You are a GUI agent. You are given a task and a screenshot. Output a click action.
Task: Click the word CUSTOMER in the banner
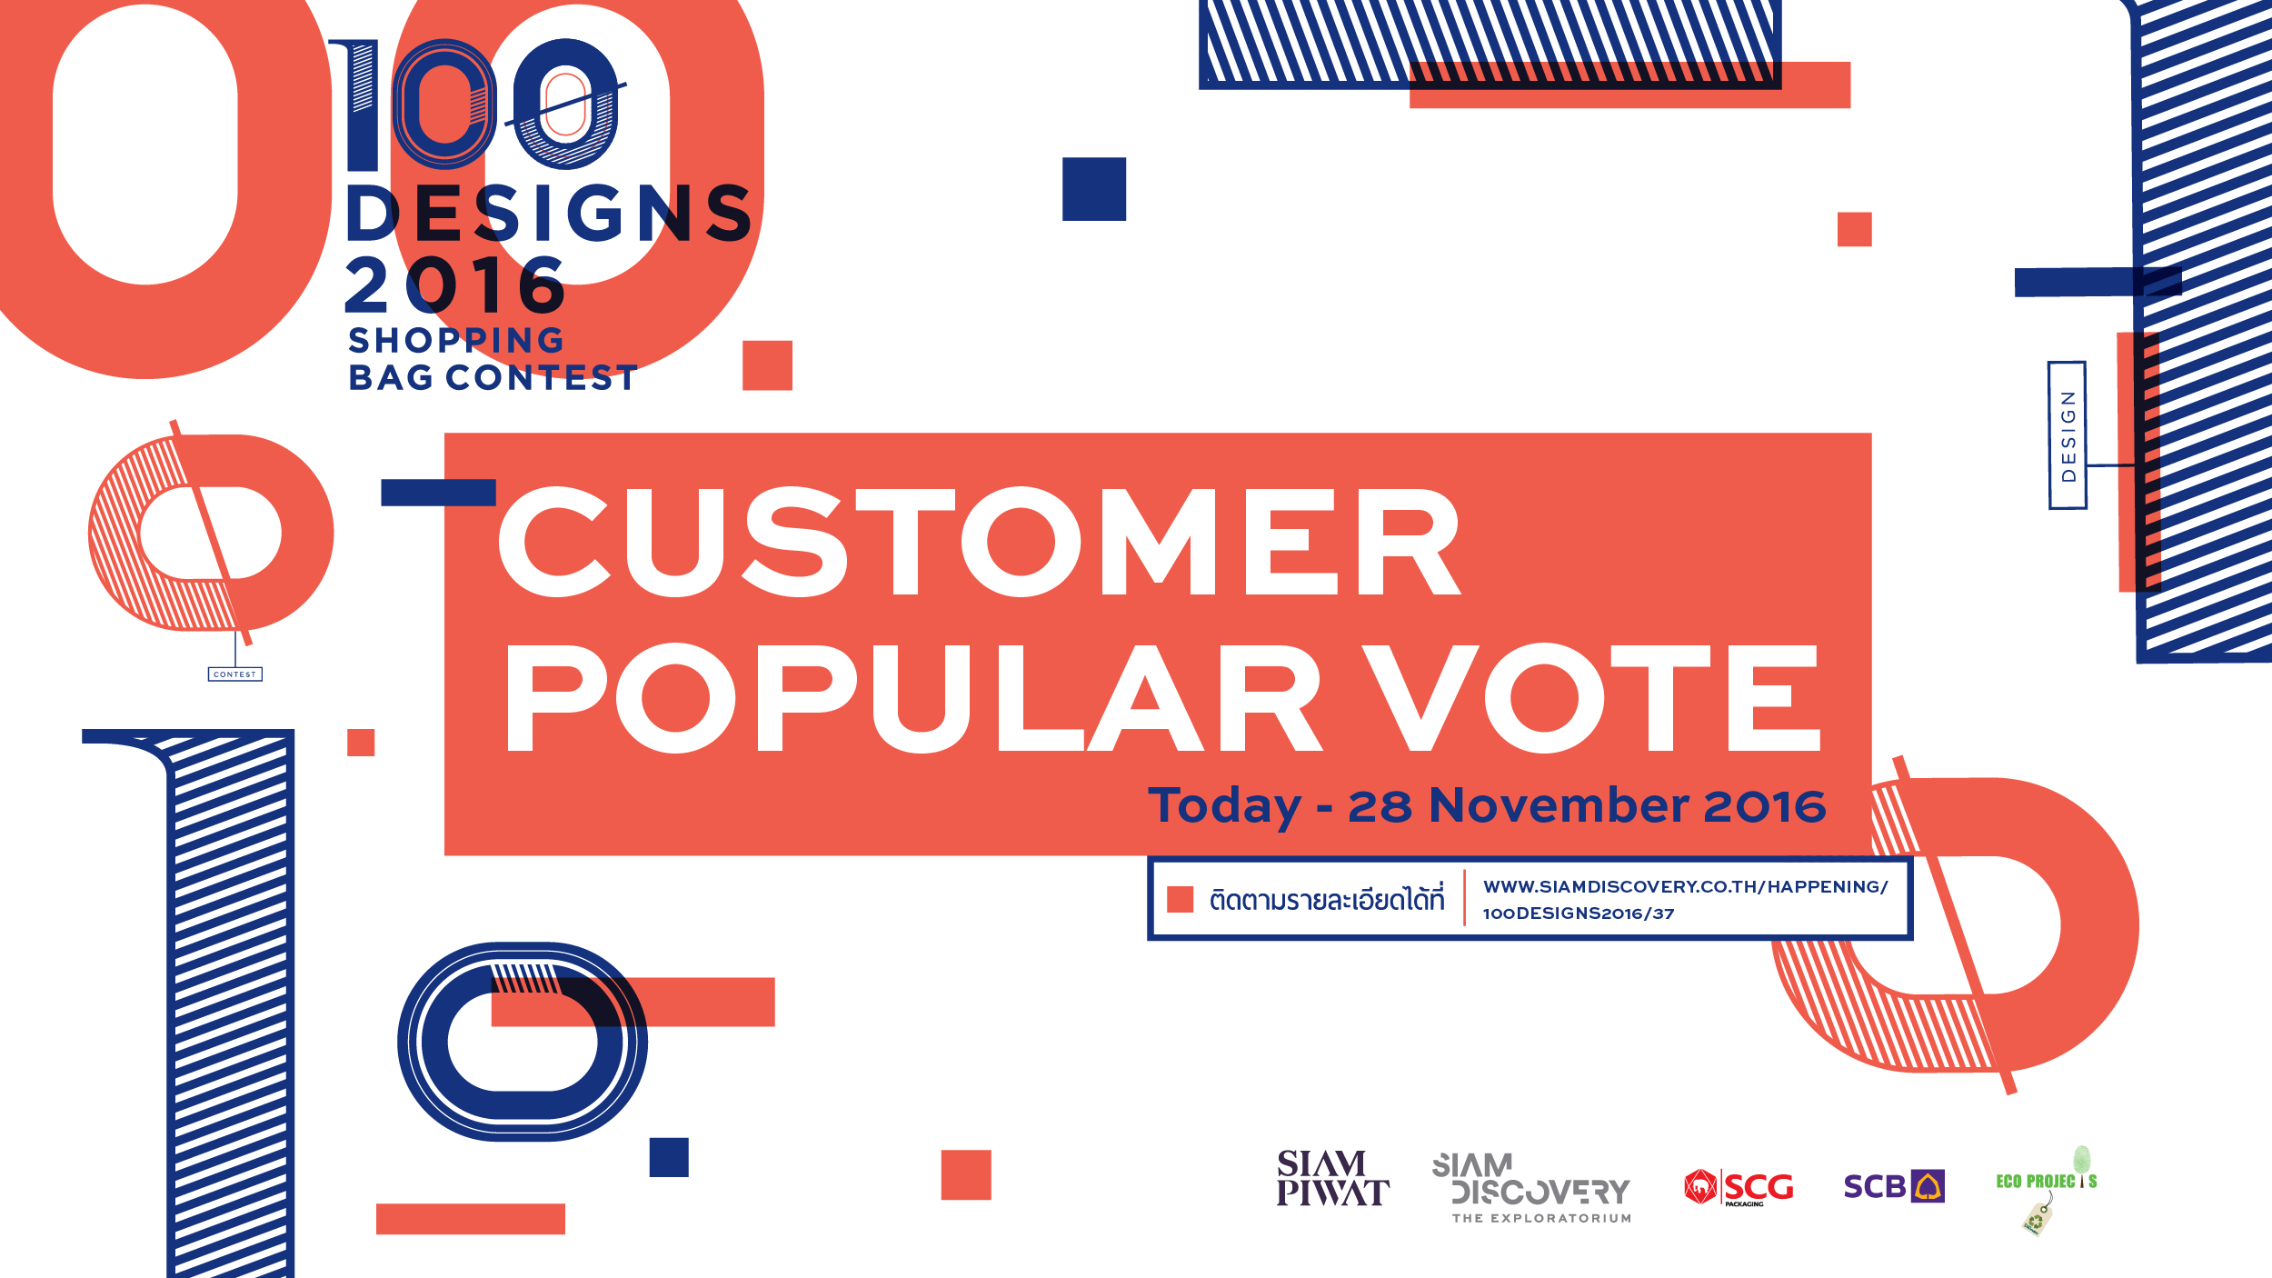pos(980,542)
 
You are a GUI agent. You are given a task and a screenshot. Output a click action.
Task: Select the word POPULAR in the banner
pos(914,698)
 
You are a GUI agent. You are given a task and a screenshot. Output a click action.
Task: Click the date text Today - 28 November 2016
pos(1487,806)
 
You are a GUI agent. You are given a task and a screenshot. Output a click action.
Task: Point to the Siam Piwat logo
pos(1332,1178)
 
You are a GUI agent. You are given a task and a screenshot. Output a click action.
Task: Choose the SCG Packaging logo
pos(1739,1187)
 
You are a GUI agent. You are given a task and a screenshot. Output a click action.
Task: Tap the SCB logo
pos(1894,1186)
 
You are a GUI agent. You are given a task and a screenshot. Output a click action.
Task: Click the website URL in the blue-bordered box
pos(1685,900)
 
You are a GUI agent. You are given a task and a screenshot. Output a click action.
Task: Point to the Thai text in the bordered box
pos(1326,899)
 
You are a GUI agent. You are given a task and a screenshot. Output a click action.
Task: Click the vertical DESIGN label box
pos(2068,435)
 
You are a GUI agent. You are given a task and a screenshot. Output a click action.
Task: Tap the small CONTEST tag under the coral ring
pos(235,674)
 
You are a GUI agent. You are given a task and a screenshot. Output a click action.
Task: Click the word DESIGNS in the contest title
pos(550,214)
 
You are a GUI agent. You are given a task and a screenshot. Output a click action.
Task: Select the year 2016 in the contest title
pos(455,285)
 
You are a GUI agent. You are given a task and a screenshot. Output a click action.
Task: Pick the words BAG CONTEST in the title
pos(493,377)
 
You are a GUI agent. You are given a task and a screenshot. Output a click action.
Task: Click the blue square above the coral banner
pos(1094,189)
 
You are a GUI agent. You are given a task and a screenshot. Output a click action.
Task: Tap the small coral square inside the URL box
pos(1180,900)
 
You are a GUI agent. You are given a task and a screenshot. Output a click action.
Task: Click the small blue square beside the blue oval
pos(669,1157)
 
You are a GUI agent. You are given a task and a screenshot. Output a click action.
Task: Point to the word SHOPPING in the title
pos(456,340)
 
